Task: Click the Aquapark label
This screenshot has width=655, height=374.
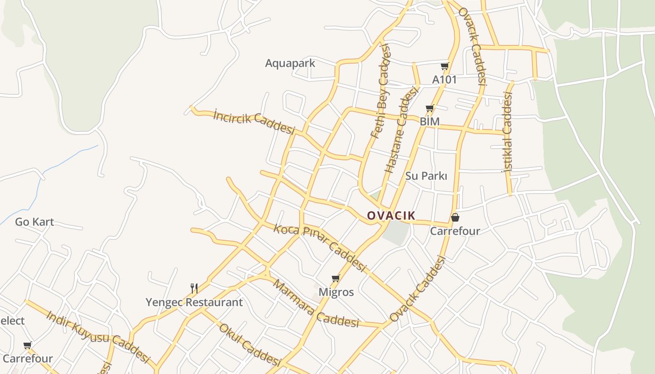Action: coord(290,63)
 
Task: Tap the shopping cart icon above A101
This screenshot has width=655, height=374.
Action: coord(444,66)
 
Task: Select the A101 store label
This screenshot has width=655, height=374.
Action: coord(444,80)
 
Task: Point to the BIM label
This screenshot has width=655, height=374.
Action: coord(429,122)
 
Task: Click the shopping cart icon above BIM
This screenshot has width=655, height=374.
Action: coord(430,108)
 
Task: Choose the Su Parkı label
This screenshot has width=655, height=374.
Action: coord(426,176)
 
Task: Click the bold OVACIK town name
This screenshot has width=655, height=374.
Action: coord(391,216)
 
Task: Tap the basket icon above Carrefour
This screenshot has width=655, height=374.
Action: coord(455,218)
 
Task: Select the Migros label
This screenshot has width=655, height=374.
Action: coord(336,292)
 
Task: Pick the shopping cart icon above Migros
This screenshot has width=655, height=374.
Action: coord(335,279)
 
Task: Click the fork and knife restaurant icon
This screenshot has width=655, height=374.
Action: coord(194,288)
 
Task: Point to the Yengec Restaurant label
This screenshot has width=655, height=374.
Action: coord(194,302)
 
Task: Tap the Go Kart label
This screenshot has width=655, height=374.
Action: coord(35,222)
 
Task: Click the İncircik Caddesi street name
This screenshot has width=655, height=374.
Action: coord(254,121)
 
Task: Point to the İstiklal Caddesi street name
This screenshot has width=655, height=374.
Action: coord(508,132)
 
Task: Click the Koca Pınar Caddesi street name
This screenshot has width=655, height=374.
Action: coord(319,247)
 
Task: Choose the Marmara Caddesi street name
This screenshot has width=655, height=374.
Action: coord(315,304)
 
